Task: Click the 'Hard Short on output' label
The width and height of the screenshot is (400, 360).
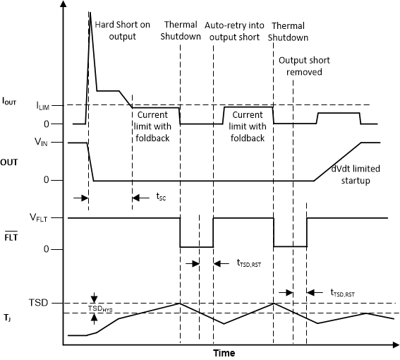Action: click(x=122, y=31)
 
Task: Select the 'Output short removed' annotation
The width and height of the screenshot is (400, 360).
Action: click(x=301, y=66)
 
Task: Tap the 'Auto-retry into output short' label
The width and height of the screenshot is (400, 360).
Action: click(x=236, y=31)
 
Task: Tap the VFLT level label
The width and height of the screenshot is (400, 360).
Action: click(x=51, y=217)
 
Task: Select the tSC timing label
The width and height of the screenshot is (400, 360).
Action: click(x=161, y=198)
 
